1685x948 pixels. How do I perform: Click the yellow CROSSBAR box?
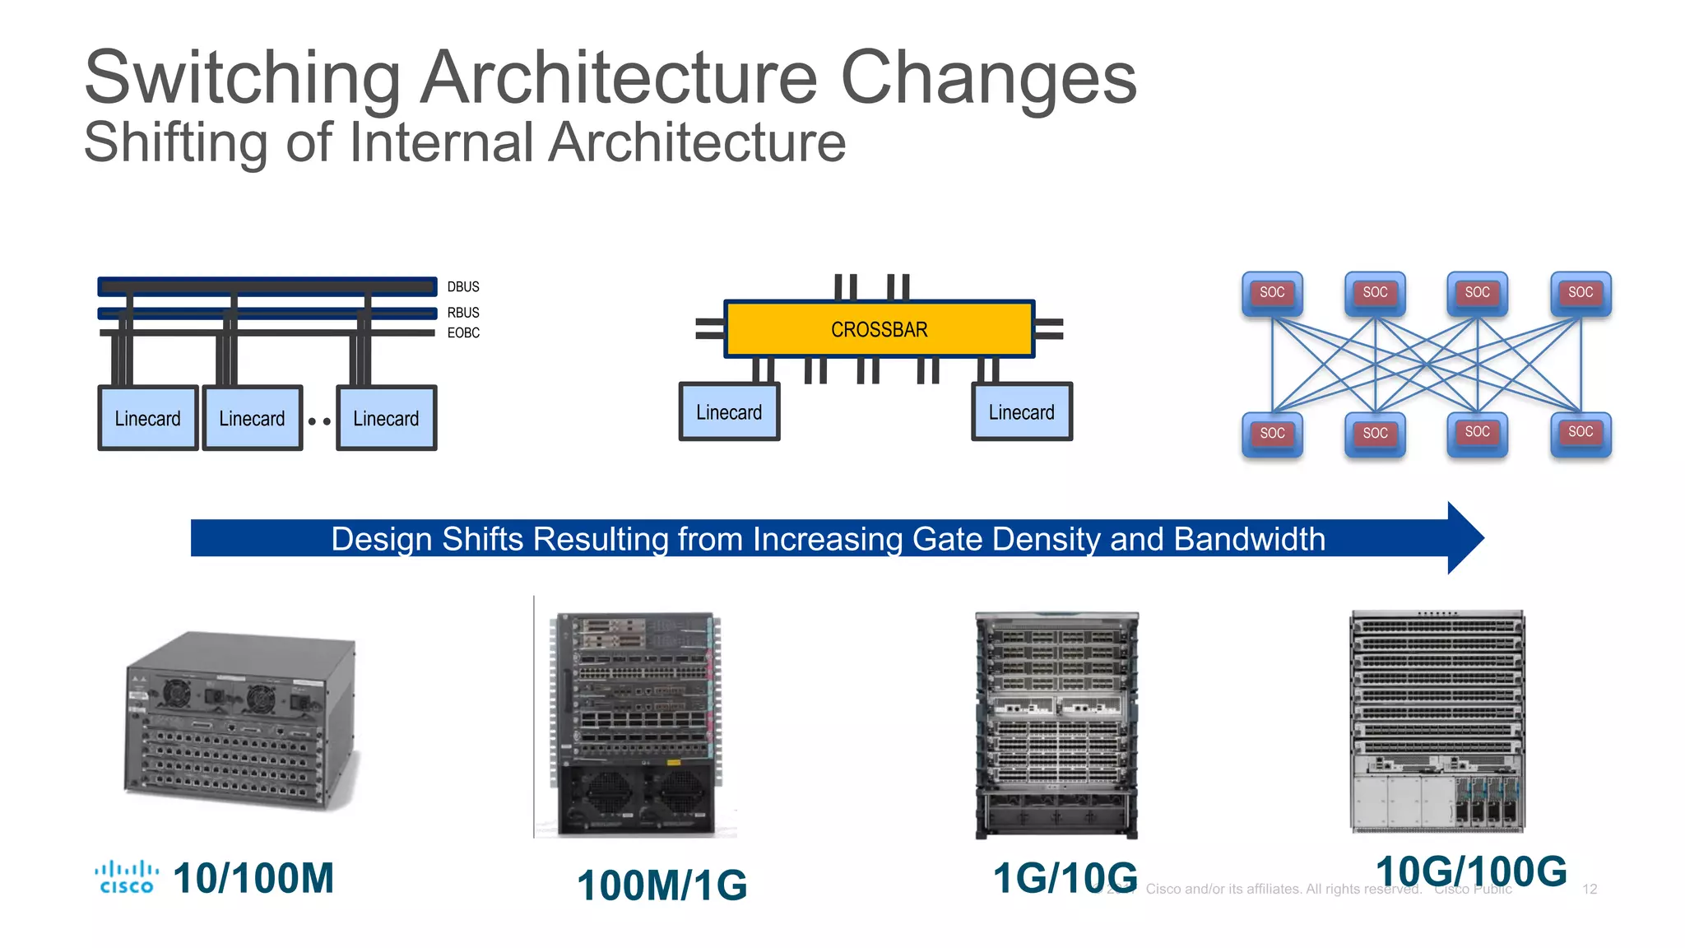(x=879, y=329)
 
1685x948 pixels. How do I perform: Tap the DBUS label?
(x=463, y=286)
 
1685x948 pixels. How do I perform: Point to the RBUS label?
(x=463, y=313)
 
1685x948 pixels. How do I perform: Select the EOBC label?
(x=463, y=332)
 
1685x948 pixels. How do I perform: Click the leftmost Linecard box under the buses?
(x=148, y=418)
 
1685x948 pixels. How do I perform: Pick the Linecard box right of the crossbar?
(x=1021, y=411)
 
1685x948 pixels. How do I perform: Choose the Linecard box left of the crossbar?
(x=729, y=411)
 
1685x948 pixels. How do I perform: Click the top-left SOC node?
(x=1272, y=293)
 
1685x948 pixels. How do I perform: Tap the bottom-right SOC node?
(x=1580, y=433)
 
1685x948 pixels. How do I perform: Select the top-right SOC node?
(x=1580, y=293)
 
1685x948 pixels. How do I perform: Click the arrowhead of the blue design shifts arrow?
(x=1465, y=538)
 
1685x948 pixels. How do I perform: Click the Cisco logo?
(x=126, y=877)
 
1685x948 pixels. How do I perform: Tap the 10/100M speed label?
(x=253, y=877)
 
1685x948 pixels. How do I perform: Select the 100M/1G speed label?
(x=662, y=885)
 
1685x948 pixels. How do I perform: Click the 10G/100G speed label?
(x=1471, y=871)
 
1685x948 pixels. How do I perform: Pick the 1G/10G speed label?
(x=1065, y=878)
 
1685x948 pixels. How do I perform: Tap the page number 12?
(x=1590, y=889)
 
